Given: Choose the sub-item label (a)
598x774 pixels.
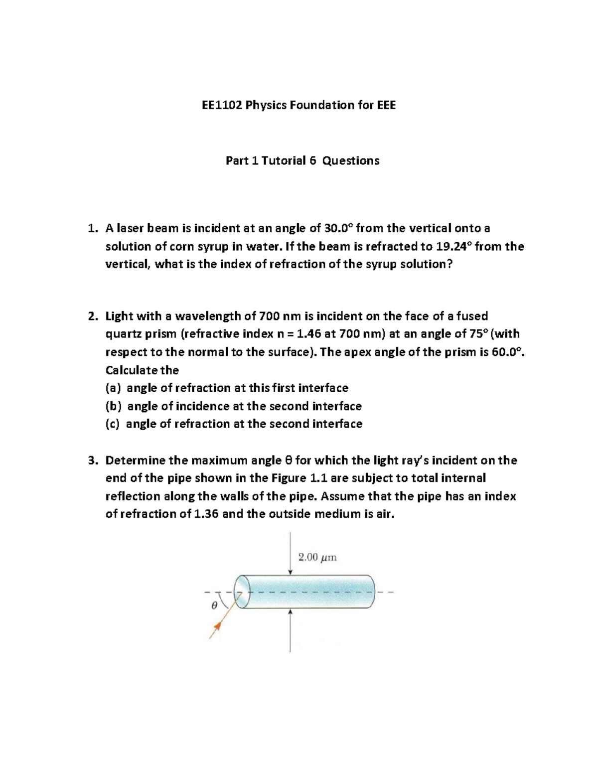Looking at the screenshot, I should click(x=114, y=388).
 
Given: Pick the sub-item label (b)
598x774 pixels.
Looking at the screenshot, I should click(x=114, y=406).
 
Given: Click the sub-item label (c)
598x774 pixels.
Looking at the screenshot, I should click(x=113, y=424).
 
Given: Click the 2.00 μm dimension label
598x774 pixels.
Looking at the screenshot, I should click(x=317, y=557).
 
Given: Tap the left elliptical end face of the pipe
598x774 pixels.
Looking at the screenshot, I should click(x=241, y=592).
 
